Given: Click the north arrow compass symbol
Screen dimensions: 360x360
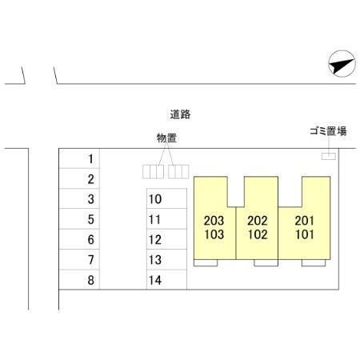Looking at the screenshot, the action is pyautogui.click(x=342, y=64).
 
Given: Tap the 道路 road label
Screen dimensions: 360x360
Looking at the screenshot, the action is pyautogui.click(x=180, y=114).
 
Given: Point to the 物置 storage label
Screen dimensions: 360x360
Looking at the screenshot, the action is pyautogui.click(x=166, y=138).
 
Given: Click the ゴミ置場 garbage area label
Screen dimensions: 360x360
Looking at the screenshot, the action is pyautogui.click(x=328, y=131).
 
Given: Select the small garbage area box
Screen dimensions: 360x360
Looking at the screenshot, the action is pyautogui.click(x=329, y=156).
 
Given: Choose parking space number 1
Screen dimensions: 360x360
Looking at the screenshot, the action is pyautogui.click(x=79, y=158).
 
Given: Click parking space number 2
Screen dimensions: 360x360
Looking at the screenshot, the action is pyautogui.click(x=79, y=178).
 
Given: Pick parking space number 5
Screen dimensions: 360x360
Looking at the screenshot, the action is pyautogui.click(x=79, y=218).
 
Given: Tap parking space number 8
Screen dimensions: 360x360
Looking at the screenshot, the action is pyautogui.click(x=79, y=279).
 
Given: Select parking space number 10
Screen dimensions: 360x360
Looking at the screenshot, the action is pyautogui.click(x=166, y=198).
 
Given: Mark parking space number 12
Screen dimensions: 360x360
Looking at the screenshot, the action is pyautogui.click(x=166, y=239).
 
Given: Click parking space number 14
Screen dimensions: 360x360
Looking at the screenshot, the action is pyautogui.click(x=166, y=279).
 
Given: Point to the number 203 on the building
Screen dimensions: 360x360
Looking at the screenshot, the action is pyautogui.click(x=214, y=221).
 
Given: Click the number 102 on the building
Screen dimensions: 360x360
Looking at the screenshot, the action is pyautogui.click(x=258, y=234).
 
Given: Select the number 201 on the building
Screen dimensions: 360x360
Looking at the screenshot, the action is pyautogui.click(x=305, y=221).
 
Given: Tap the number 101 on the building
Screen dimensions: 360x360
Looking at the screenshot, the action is pyautogui.click(x=305, y=234).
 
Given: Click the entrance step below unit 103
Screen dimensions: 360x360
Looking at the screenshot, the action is pyautogui.click(x=206, y=262).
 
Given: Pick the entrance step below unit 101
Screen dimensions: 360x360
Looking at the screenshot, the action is pyautogui.click(x=314, y=262).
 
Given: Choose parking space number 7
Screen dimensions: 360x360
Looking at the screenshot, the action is pyautogui.click(x=79, y=259).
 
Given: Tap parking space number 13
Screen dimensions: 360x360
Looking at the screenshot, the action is pyautogui.click(x=166, y=259).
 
